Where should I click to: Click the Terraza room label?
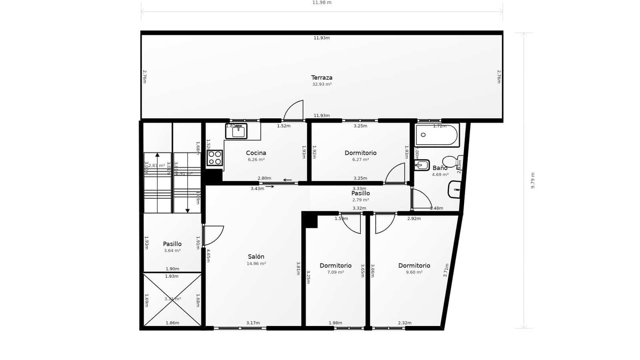pyautogui.click(x=322, y=78)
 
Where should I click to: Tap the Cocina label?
pyautogui.click(x=256, y=153)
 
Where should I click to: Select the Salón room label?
pyautogui.click(x=256, y=257)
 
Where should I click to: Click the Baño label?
pyautogui.click(x=440, y=168)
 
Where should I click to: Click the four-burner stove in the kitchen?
pyautogui.click(x=215, y=158)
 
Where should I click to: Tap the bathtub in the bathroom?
pyautogui.click(x=437, y=135)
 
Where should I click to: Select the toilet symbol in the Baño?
pyautogui.click(x=452, y=162)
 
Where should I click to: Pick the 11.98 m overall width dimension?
pyautogui.click(x=322, y=3)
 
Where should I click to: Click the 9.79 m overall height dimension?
pyautogui.click(x=532, y=180)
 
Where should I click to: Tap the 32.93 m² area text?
pyautogui.click(x=322, y=84)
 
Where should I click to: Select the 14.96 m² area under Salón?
pyautogui.click(x=256, y=264)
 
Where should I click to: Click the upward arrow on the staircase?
pyautogui.click(x=157, y=155)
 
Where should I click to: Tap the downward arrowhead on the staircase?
pyautogui.click(x=187, y=211)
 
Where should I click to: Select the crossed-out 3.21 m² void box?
pyautogui.click(x=172, y=299)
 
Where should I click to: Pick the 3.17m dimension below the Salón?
pyautogui.click(x=253, y=323)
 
